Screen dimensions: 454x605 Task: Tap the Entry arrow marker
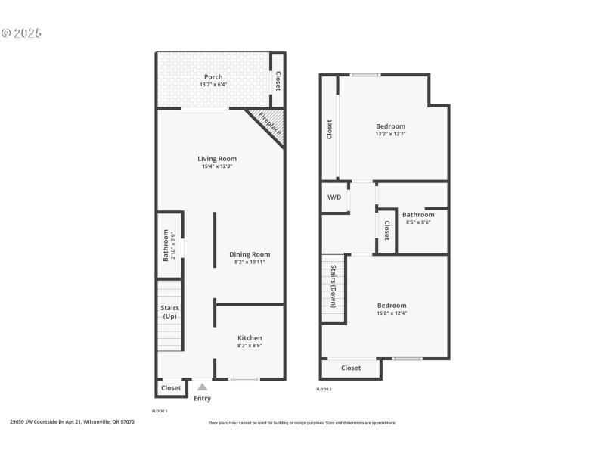202,387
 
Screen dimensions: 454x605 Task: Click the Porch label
213,76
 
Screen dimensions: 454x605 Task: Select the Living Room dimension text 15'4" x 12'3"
217,166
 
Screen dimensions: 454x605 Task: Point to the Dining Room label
250,254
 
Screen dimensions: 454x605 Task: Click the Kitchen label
250,337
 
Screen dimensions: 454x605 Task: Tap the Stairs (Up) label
169,312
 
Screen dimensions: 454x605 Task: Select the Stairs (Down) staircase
333,287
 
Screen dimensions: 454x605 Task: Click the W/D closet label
334,197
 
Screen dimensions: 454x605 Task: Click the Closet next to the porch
278,81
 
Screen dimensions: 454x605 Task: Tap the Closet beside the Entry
171,388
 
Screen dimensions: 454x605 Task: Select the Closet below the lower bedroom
351,368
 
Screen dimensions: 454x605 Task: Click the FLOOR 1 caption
160,410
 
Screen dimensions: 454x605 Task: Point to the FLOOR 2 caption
324,389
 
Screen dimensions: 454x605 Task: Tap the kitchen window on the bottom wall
244,379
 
